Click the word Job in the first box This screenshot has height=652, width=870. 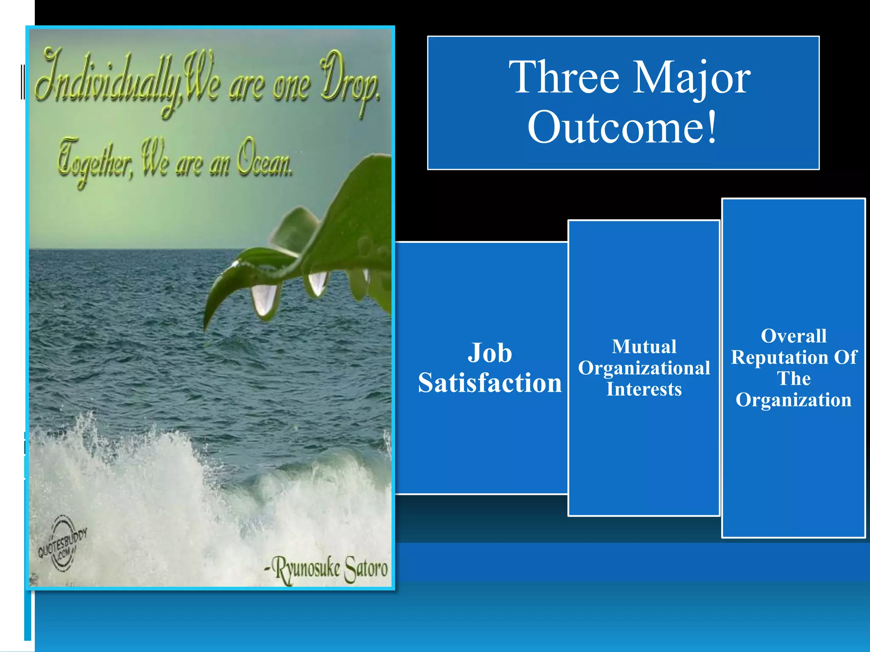(490, 353)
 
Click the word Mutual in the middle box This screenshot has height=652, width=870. (644, 347)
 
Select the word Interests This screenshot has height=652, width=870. (644, 389)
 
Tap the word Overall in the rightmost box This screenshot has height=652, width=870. (794, 336)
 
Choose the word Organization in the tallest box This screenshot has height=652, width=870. (794, 400)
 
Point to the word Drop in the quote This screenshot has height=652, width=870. (348, 81)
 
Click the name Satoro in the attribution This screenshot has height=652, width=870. (366, 569)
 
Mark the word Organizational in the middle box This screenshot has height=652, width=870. (644, 368)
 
